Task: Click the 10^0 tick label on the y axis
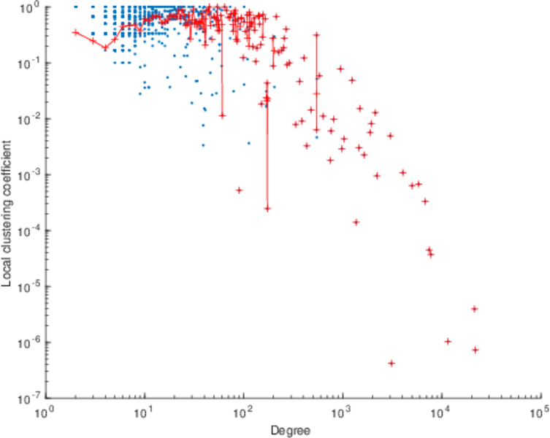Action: point(31,7)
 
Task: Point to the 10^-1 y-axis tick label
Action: point(29,64)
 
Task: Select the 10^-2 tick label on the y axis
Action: point(29,119)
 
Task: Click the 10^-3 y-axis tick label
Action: point(29,175)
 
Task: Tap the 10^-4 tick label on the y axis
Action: point(29,231)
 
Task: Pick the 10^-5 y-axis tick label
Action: point(29,287)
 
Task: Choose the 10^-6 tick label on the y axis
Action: point(29,343)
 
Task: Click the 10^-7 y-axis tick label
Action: point(29,399)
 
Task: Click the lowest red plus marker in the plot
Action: point(392,363)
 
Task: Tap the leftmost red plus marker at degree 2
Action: point(75,32)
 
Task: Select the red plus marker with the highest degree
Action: point(475,350)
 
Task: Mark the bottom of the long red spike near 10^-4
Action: point(267,208)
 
